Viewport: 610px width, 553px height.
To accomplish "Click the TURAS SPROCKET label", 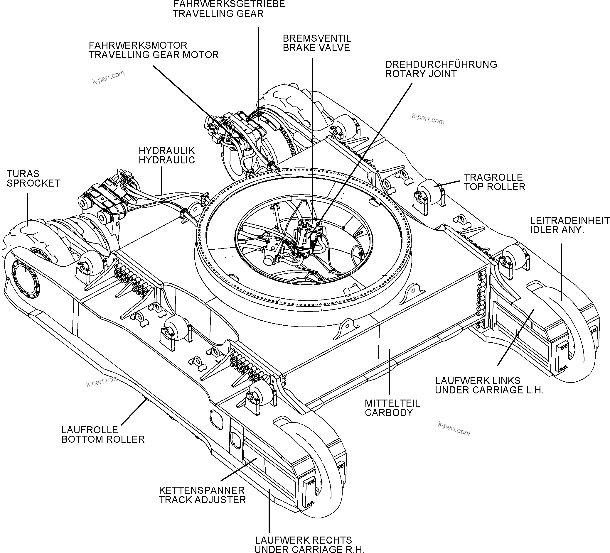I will pos(33,178).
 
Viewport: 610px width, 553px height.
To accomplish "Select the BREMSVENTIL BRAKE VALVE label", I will pos(316,43).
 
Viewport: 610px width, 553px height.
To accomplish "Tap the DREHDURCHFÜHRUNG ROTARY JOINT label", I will pos(441,69).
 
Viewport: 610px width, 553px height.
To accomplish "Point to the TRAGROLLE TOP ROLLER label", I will pos(494,182).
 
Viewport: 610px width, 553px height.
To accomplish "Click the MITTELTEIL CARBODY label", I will pos(392,407).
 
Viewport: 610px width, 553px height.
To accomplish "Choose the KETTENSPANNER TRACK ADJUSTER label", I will pos(202,495).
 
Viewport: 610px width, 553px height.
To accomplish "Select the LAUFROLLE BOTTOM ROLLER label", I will pos(103,434).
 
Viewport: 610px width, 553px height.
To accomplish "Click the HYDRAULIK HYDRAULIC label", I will pos(167,155).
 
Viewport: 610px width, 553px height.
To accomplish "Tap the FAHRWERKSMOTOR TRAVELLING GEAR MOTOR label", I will pos(154,50).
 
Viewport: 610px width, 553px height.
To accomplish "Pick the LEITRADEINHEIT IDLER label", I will pos(569,225).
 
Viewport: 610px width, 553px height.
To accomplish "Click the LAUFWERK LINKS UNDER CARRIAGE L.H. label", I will pos(489,385).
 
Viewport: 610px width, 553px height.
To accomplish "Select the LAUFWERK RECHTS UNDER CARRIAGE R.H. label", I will pos(309,544).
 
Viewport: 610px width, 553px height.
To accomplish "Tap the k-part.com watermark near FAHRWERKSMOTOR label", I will pos(108,77).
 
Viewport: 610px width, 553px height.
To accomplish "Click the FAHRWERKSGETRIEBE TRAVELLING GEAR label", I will pos(229,9).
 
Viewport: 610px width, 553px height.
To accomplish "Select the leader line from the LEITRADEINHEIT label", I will pos(561,272).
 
